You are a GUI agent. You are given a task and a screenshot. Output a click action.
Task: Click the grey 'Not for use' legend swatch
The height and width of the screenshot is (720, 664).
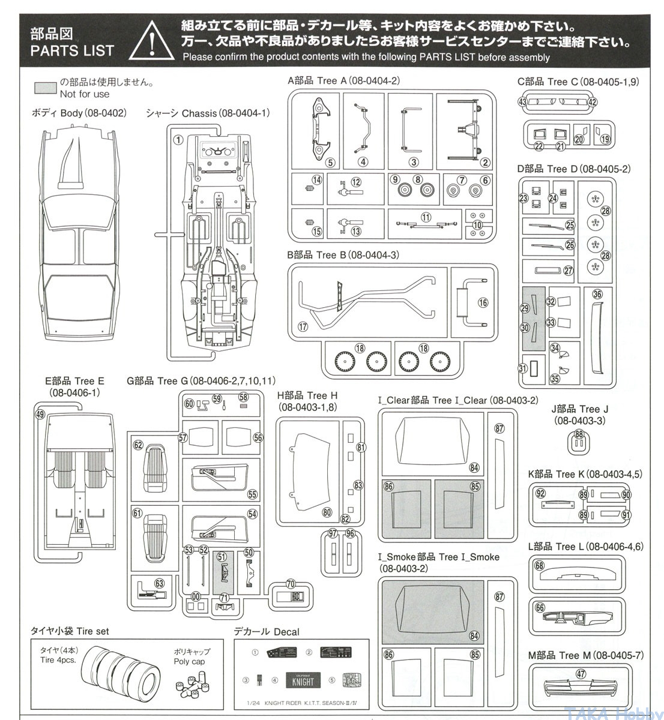(x=46, y=88)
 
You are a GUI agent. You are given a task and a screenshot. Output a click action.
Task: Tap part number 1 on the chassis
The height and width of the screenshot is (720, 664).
(x=178, y=140)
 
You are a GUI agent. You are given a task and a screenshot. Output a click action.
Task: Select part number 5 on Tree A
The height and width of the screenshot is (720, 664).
(x=330, y=163)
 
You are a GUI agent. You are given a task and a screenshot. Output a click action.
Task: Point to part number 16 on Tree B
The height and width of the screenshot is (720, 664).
(x=484, y=303)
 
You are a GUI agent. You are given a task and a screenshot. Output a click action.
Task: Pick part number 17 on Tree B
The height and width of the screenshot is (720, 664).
(x=303, y=326)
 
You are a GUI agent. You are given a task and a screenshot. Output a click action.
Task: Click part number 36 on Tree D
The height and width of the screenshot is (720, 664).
(x=597, y=294)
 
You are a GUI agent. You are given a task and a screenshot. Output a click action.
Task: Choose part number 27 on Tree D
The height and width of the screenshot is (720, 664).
(x=569, y=271)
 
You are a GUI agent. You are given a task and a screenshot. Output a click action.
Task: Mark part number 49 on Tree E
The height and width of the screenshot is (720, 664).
(x=40, y=414)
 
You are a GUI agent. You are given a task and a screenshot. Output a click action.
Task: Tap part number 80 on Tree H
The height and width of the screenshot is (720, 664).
(x=327, y=512)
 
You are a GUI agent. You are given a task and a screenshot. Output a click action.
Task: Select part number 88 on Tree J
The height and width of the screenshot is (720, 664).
(x=579, y=434)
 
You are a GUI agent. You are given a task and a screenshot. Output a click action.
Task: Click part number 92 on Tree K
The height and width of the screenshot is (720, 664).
(x=540, y=493)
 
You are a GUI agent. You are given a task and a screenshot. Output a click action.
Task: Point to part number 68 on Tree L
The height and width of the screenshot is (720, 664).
(x=539, y=566)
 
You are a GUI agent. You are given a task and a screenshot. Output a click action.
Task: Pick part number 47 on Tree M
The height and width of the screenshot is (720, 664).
(x=581, y=674)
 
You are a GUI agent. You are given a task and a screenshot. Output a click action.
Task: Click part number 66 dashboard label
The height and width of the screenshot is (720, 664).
(x=540, y=608)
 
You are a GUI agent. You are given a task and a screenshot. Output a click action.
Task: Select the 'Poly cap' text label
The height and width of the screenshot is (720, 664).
(x=189, y=662)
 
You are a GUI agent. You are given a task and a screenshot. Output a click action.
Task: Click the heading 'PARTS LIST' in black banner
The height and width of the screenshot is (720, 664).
(x=71, y=50)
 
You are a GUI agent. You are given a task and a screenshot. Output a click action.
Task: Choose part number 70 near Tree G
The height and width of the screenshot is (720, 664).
(x=291, y=584)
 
